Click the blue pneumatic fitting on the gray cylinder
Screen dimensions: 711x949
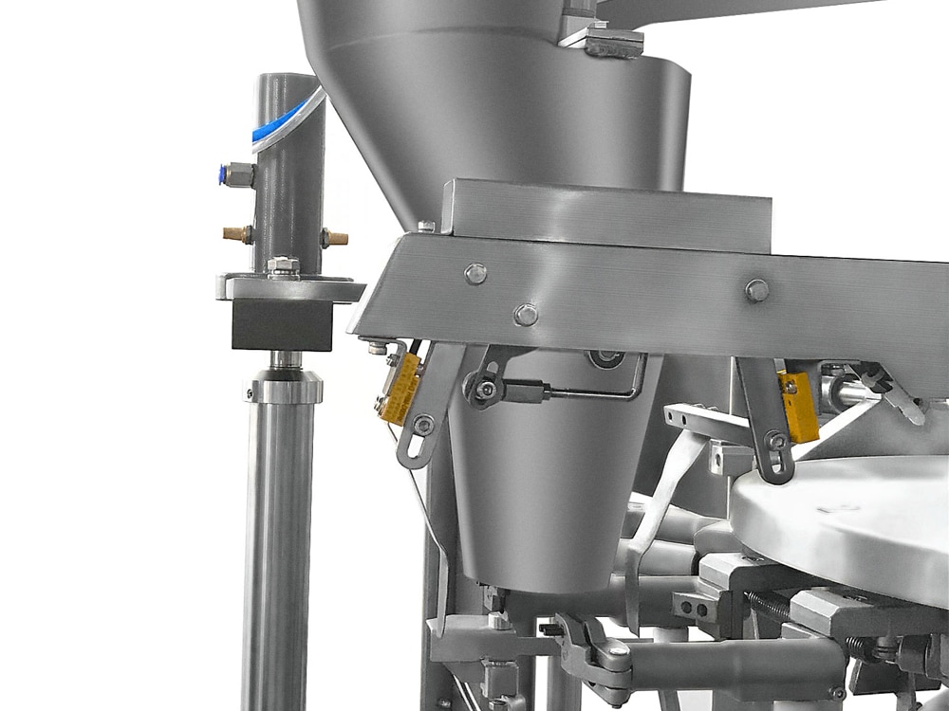pyautogui.click(x=236, y=173)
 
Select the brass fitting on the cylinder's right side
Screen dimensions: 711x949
pyautogui.click(x=334, y=238)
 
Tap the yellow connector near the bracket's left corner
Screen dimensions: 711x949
pyautogui.click(x=400, y=386)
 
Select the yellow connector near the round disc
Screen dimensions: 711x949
pyautogui.click(x=798, y=407)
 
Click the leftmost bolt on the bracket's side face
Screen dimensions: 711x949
pyautogui.click(x=475, y=274)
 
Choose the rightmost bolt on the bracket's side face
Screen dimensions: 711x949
pyautogui.click(x=756, y=290)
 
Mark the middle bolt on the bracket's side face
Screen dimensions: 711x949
pyautogui.click(x=525, y=314)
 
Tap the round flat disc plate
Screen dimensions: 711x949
pyautogui.click(x=845, y=521)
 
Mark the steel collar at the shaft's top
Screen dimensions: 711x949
pyautogui.click(x=284, y=385)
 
